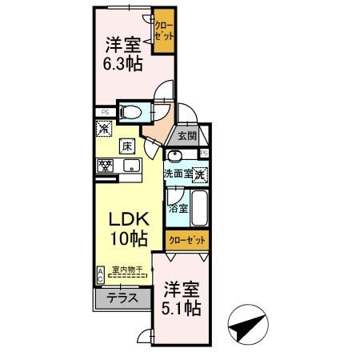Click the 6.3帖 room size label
[124, 64]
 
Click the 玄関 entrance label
[186, 136]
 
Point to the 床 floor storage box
[126, 146]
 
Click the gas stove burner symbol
[105, 166]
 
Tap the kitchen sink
[130, 166]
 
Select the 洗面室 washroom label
[178, 174]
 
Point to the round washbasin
[175, 157]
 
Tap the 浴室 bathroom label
[178, 208]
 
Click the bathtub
[200, 209]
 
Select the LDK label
[125, 219]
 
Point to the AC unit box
[100, 274]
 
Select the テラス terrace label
[122, 298]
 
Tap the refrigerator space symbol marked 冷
[104, 127]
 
